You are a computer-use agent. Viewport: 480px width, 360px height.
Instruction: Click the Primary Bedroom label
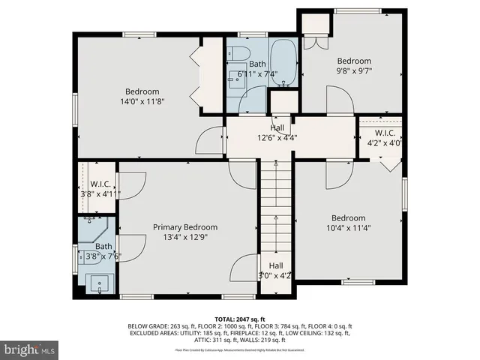[185, 227]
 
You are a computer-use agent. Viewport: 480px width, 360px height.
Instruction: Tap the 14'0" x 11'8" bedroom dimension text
[142, 101]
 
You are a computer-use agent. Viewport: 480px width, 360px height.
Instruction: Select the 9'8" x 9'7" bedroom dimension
[353, 70]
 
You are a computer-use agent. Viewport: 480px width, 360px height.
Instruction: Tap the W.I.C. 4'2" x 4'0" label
[379, 138]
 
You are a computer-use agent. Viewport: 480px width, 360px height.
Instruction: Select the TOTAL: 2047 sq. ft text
[240, 319]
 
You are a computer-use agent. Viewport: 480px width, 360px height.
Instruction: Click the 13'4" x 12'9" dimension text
[185, 238]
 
